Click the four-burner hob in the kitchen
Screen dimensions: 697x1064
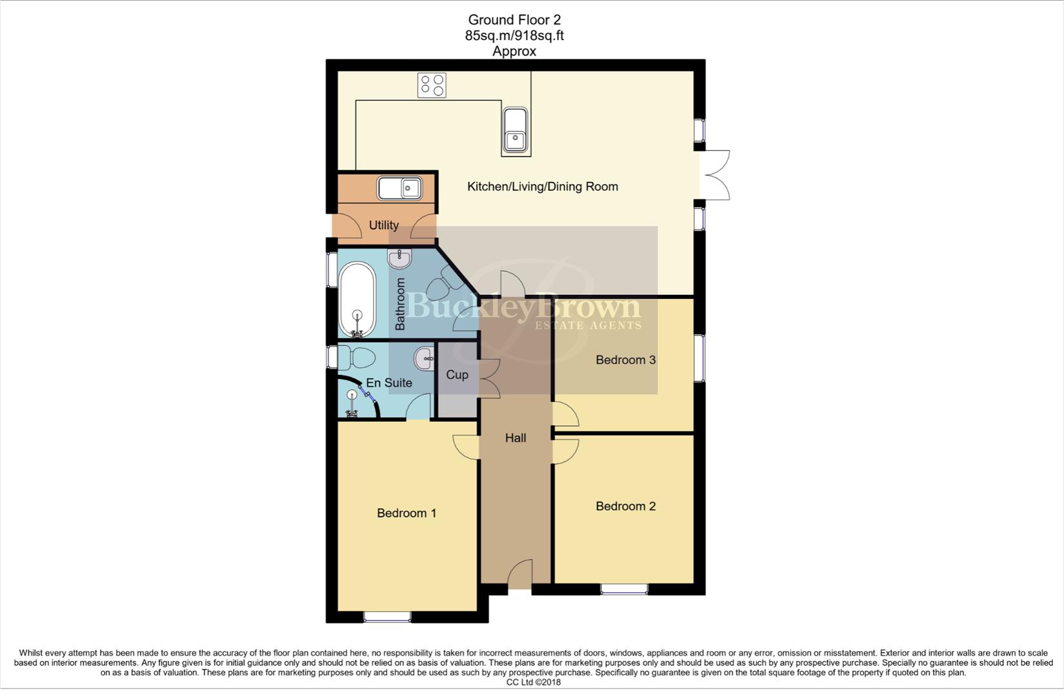coord(432,85)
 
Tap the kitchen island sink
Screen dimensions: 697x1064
coord(516,131)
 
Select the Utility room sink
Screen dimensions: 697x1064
coord(400,188)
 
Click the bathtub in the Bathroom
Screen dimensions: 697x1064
coord(357,301)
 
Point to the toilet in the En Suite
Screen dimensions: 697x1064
coord(357,357)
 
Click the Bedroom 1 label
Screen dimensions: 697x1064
coord(407,513)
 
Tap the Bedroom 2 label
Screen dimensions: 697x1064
coord(625,506)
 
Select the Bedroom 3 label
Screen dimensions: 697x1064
coord(625,359)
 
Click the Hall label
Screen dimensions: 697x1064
coord(515,438)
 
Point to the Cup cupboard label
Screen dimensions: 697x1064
coord(457,374)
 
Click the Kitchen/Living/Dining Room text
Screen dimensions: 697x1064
coord(542,187)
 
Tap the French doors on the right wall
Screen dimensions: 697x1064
coord(714,175)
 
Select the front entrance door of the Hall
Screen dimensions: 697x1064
coord(519,575)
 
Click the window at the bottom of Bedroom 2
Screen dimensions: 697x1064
coord(624,589)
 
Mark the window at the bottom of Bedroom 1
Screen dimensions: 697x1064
coord(387,617)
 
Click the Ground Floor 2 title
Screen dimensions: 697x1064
coord(514,20)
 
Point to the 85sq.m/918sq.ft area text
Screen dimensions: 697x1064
coord(514,35)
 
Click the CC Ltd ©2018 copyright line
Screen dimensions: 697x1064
coord(533,682)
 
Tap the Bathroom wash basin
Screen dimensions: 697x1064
coord(399,259)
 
